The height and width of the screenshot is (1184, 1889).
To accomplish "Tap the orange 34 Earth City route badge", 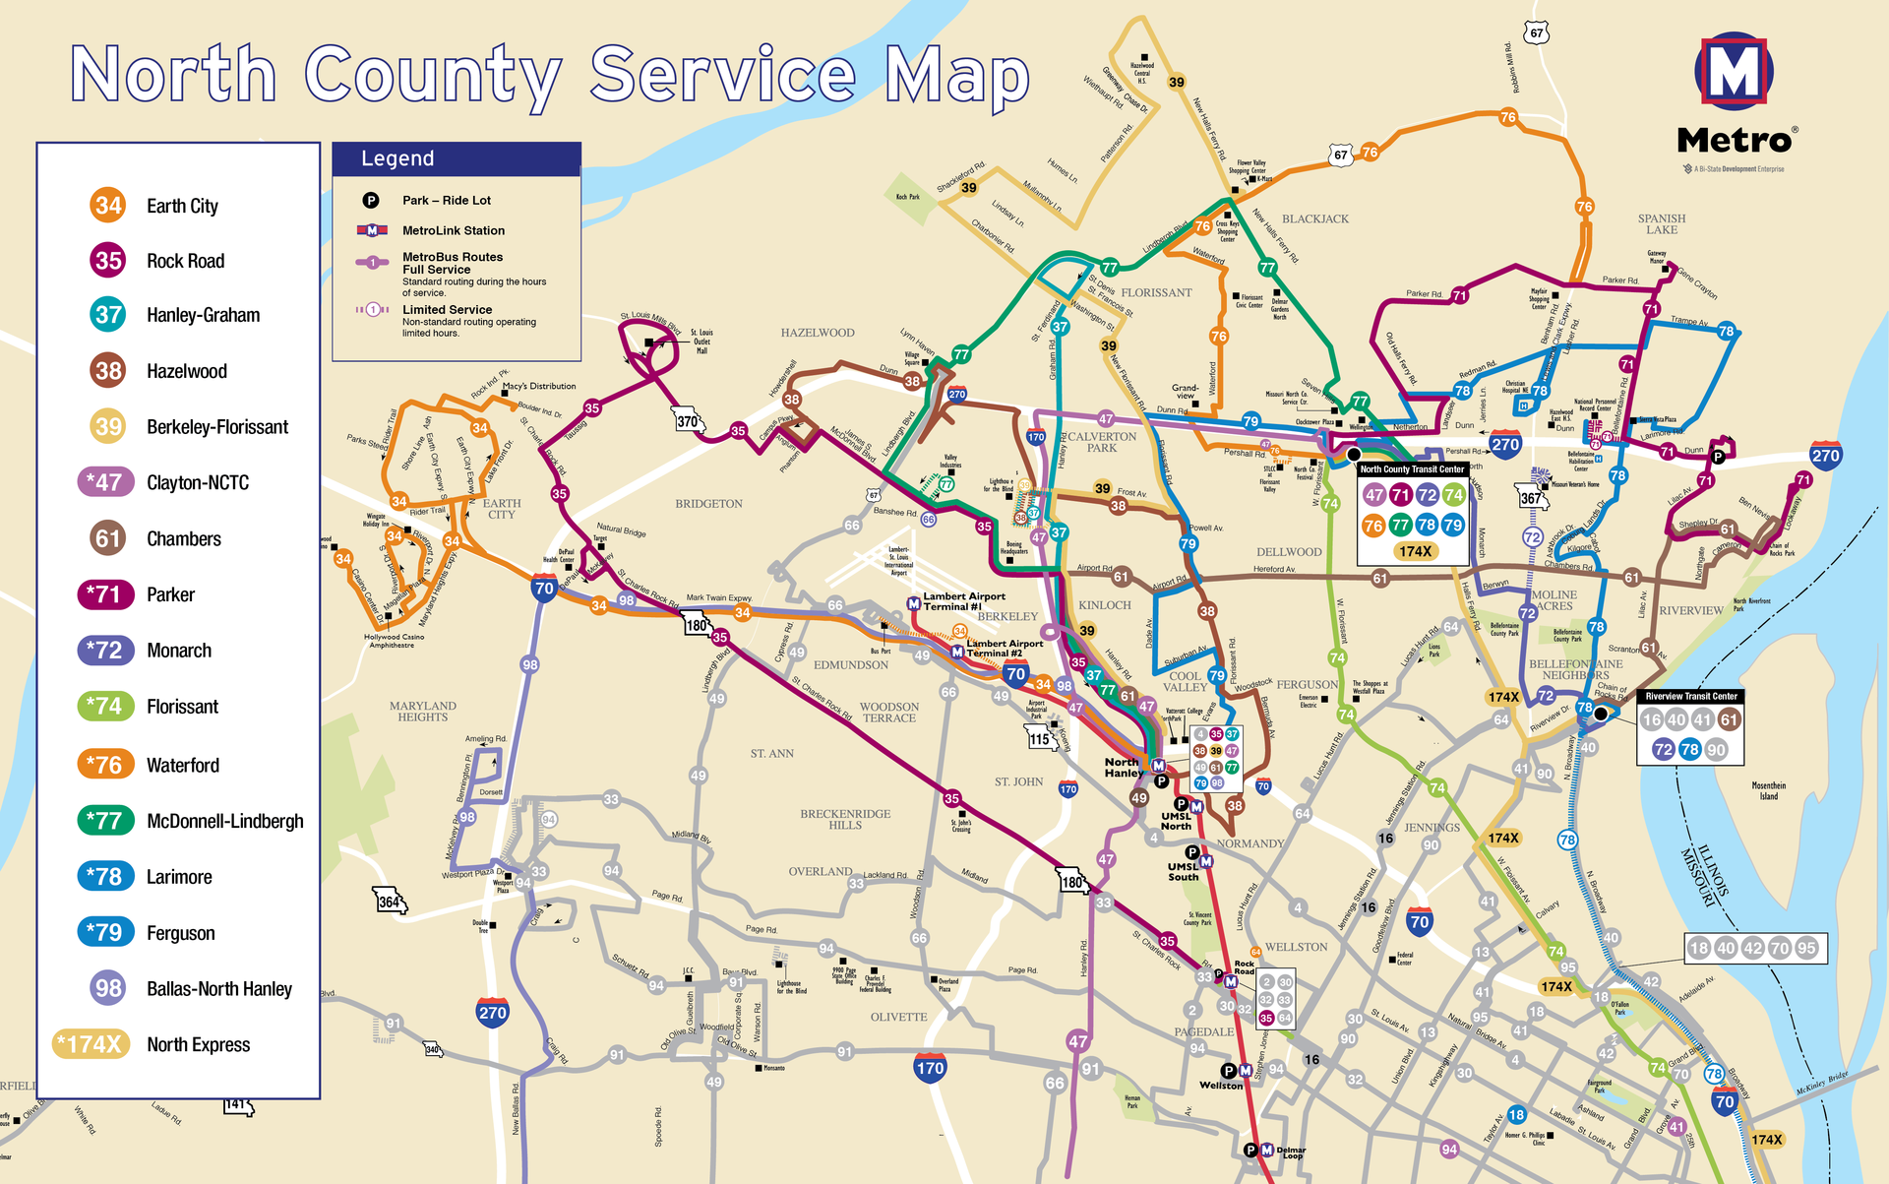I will [x=108, y=205].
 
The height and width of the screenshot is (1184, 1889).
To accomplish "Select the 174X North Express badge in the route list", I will [x=91, y=1044].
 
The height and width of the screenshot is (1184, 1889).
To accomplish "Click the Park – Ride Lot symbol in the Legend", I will [x=371, y=201].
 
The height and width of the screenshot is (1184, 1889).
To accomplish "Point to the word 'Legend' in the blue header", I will [x=397, y=158].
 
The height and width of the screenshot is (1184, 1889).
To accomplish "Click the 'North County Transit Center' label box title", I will [x=1412, y=469].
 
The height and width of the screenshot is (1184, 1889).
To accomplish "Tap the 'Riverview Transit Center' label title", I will [x=1691, y=696].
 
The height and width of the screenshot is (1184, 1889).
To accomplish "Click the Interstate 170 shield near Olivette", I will [x=930, y=1067].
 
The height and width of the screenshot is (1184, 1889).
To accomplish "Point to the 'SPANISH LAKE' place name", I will [x=1662, y=224].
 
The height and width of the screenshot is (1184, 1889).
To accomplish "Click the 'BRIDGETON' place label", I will [x=708, y=504].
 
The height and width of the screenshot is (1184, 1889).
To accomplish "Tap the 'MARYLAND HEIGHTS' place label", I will [x=423, y=712].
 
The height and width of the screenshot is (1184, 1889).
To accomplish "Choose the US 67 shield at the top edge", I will [x=1536, y=33].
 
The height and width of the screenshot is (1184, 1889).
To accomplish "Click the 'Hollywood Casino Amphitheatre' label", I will [x=395, y=641].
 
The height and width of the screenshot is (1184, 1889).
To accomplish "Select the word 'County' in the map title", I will [x=433, y=75].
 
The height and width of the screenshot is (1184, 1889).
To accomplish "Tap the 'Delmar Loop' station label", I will [x=1291, y=1153].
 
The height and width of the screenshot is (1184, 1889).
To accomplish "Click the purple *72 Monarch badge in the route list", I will [x=103, y=651].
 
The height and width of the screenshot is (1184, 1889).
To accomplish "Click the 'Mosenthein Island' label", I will [x=1768, y=790].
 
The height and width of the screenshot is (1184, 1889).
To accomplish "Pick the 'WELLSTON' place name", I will [x=1296, y=947].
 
